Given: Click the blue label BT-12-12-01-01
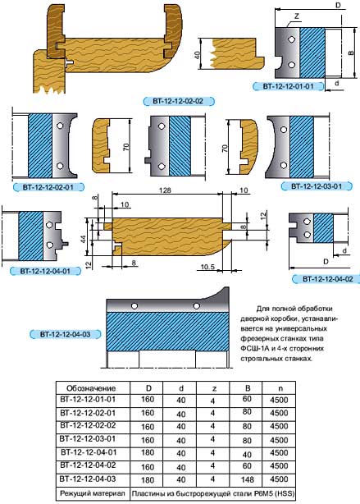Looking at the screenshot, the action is coord(288,86).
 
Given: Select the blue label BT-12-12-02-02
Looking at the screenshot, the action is coord(178,101).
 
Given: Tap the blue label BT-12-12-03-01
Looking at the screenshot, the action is coord(317,186).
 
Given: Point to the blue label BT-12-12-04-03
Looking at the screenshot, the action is coord(65,334).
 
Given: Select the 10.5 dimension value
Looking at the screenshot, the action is coord(207,267).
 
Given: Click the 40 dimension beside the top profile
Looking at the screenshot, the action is coord(197,54).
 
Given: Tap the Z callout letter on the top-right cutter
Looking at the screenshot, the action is coord(297,16).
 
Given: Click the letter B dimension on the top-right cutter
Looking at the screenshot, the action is coord(351,52).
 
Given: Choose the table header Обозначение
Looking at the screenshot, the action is coord(91,388).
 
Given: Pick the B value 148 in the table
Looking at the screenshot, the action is coord(248,479).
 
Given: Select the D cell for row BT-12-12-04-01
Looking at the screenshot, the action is coord(148,452).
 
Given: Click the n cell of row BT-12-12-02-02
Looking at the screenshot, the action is coord(279,426).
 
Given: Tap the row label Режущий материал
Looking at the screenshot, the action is coord(93,493).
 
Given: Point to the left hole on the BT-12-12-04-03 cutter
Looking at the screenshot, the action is coord(134,305).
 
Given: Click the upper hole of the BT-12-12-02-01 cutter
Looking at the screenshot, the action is coord(60,126).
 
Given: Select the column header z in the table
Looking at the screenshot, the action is coord(214,388).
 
